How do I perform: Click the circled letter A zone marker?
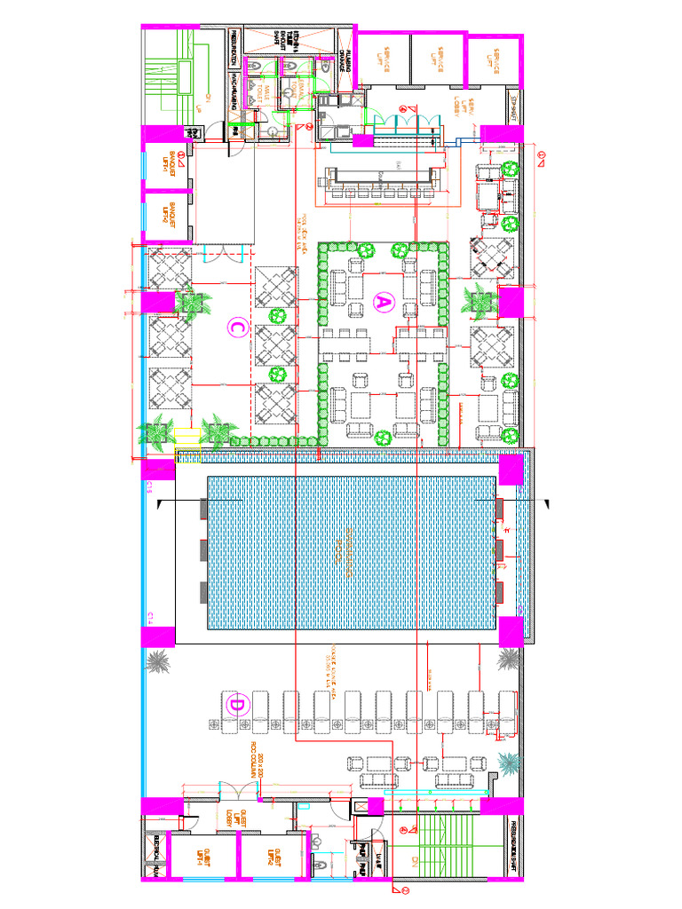[384, 304]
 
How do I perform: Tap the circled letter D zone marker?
[237, 706]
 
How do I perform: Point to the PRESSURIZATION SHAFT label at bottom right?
[513, 849]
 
